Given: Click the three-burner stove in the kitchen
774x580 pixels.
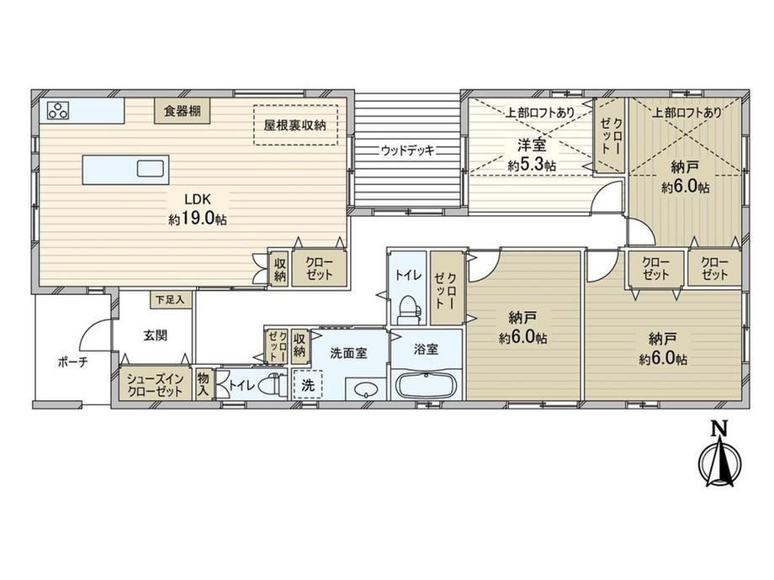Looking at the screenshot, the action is (58, 110).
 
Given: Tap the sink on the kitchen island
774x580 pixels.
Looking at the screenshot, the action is (150, 169).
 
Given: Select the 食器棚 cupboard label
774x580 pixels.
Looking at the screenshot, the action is (183, 110).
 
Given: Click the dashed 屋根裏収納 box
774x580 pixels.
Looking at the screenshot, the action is (295, 124).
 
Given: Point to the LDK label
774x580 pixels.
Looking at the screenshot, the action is (198, 199).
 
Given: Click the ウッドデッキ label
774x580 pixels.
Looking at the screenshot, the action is (408, 150).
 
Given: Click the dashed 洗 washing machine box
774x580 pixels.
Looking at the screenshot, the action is (307, 384).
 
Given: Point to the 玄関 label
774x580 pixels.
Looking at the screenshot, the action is (155, 335).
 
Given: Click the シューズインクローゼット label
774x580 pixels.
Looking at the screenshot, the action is (155, 385).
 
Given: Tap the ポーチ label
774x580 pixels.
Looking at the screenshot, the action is (73, 362).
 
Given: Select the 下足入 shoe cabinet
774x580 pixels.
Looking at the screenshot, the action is (171, 299).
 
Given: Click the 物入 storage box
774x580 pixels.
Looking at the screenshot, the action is (204, 384).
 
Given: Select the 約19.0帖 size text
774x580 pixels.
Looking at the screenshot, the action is (198, 219).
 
